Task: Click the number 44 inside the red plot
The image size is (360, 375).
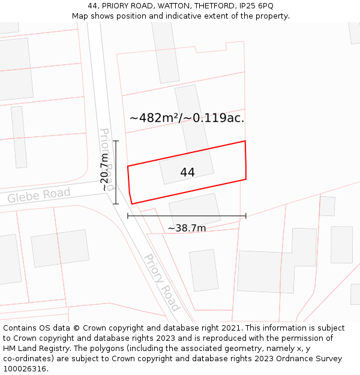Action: pos(187,173)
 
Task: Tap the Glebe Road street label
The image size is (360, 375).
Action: pos(39,196)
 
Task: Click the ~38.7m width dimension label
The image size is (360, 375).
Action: pos(187,229)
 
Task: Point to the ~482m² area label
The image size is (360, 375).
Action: pos(154,118)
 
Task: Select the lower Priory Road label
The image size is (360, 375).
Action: pos(161,282)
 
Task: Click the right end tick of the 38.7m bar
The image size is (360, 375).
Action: pos(246,216)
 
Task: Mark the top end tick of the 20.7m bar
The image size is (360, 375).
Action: pos(116,142)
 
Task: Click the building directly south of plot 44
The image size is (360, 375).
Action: pos(194,210)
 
